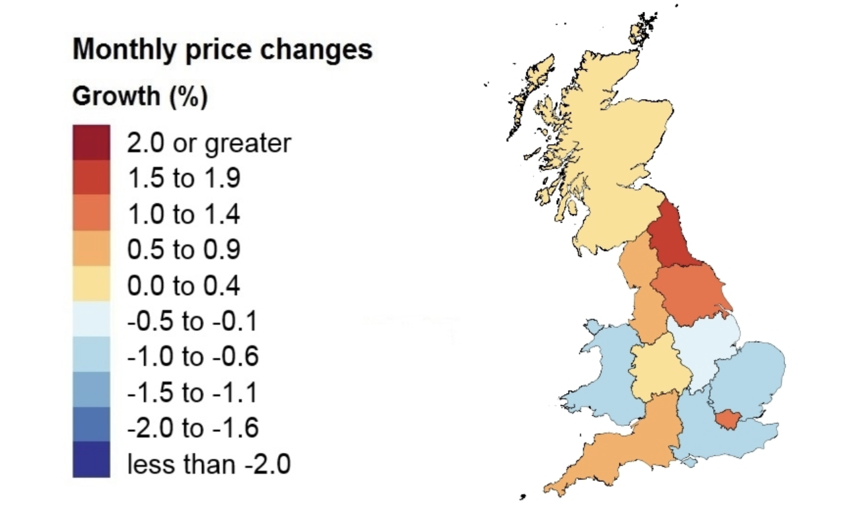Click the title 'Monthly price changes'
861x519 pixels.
click(x=222, y=50)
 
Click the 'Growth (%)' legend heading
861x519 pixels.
click(x=140, y=97)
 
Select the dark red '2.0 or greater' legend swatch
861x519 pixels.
click(x=91, y=143)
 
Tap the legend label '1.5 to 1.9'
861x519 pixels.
click(x=183, y=178)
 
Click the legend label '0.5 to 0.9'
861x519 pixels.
click(x=183, y=250)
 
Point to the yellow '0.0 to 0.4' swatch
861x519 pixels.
click(x=91, y=285)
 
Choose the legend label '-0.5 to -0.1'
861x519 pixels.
click(x=191, y=322)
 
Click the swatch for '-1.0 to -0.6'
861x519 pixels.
click(x=91, y=357)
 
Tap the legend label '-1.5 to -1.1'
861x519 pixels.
click(x=191, y=393)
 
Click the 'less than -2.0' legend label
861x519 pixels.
click(x=209, y=464)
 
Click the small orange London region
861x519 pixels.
click(x=730, y=419)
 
